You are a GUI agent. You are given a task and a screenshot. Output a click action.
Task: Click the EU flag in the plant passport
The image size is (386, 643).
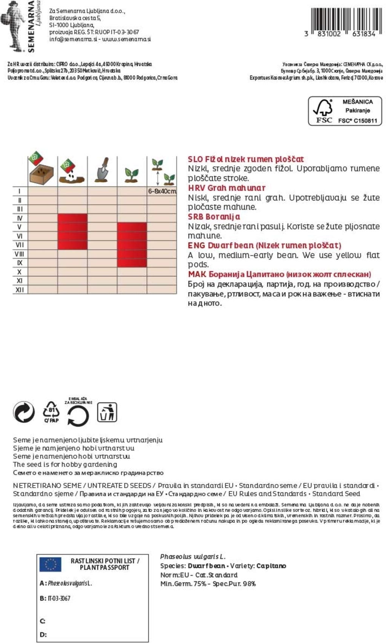50,564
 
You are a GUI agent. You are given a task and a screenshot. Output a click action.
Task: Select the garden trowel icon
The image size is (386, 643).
102,170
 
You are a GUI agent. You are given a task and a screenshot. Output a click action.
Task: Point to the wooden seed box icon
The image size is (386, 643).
41,173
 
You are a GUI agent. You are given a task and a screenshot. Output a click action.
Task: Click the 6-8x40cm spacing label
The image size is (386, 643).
162,191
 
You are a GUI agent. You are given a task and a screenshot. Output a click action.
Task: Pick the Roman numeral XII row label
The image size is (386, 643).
19,290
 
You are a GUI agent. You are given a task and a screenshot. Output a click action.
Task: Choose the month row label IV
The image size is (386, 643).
20,218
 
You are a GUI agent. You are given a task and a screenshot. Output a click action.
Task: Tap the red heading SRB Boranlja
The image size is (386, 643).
214,216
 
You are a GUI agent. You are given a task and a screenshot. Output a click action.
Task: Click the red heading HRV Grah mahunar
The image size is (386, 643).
227,188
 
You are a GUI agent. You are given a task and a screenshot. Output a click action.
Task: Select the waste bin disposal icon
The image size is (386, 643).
107,412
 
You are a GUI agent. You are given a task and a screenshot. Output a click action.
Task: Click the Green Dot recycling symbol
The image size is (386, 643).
24,411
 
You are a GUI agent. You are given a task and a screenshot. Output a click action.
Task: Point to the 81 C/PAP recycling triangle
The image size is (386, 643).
51,412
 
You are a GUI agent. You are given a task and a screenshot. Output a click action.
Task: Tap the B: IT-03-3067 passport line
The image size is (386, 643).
55,598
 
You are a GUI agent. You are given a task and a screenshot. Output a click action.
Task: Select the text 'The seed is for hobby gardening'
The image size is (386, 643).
65,465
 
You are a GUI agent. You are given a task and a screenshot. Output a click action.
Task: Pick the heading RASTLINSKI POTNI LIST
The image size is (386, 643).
105,561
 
